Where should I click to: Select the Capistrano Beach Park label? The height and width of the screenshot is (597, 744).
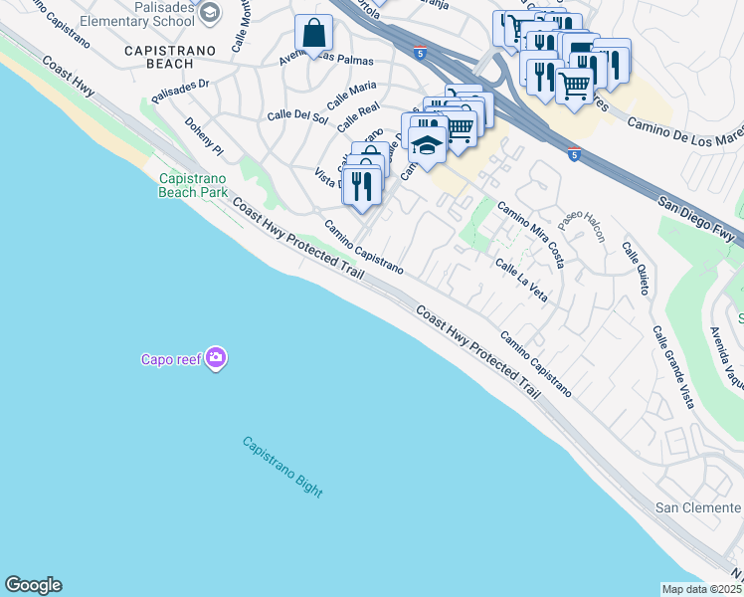point(192,185)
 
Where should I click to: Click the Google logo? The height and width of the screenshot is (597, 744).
point(33,585)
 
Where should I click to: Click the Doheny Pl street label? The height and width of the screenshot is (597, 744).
point(204,136)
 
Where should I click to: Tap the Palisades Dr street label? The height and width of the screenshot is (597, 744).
point(180,91)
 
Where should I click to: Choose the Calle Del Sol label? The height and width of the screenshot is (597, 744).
point(297,116)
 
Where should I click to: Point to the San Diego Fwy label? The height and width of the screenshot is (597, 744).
point(699,217)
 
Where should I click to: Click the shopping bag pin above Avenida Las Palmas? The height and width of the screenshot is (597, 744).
point(314,35)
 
